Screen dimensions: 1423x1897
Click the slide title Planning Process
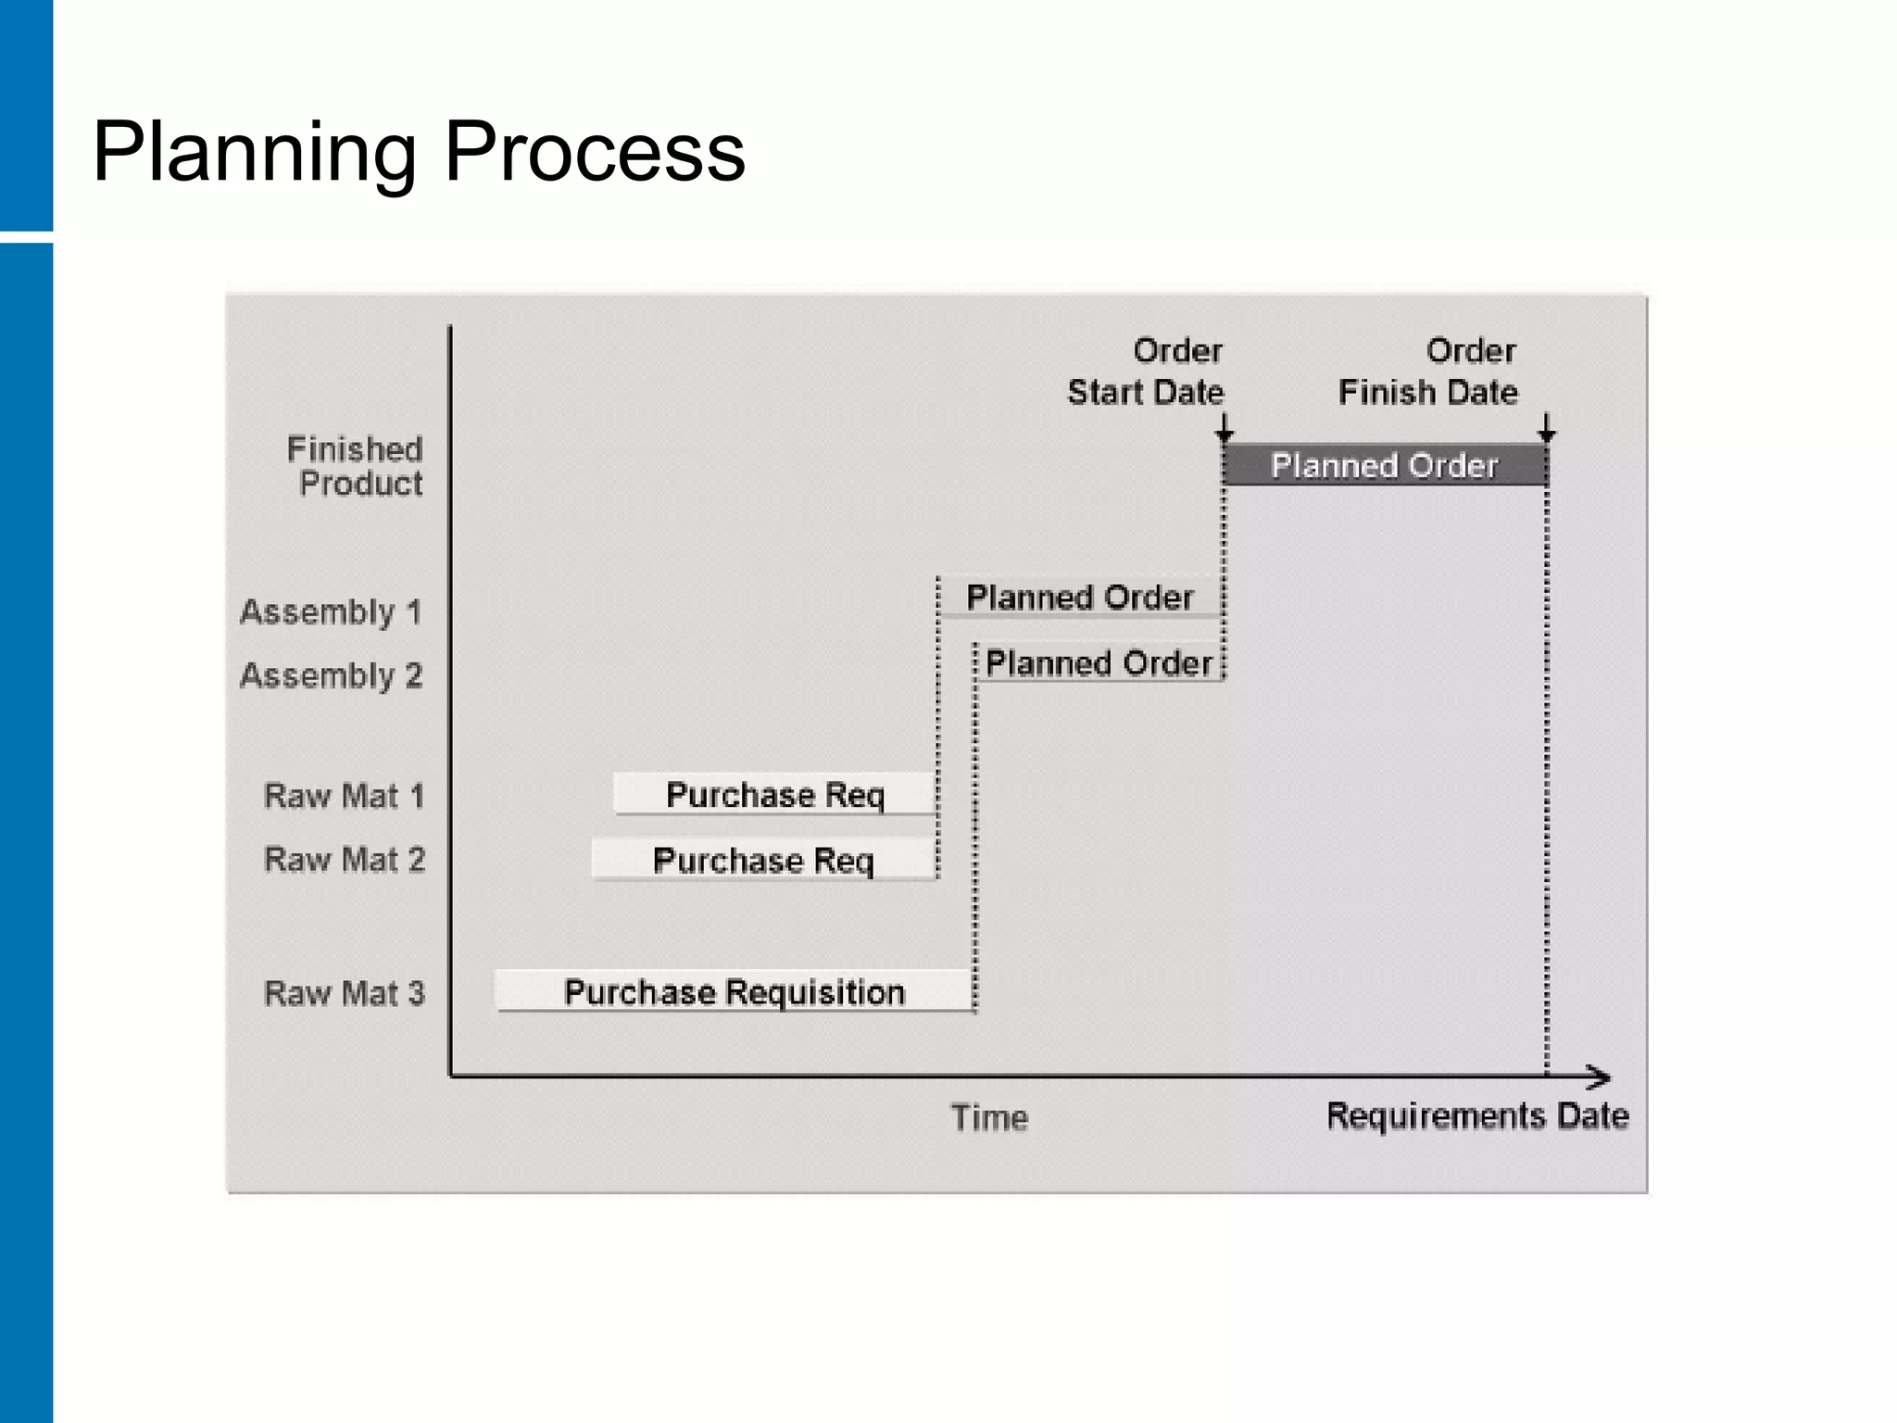tap(419, 152)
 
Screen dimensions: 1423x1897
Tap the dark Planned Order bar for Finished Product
tap(1385, 465)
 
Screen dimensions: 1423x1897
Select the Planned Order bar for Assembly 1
tap(1079, 598)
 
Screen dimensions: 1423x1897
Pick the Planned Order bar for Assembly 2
tap(1099, 663)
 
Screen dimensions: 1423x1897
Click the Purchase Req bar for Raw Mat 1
tap(774, 795)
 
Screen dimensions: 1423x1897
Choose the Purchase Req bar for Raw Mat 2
tap(763, 860)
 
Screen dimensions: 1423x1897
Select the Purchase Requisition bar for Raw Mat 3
tap(734, 992)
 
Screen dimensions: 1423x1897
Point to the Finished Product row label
tap(356, 466)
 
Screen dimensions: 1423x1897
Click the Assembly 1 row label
tap(331, 612)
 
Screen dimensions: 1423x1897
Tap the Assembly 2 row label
tap(331, 676)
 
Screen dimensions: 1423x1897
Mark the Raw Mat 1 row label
tap(344, 796)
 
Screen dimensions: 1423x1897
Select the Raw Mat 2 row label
tap(344, 860)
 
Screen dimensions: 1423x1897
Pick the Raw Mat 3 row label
tap(344, 993)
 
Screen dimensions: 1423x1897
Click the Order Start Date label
tap(1147, 371)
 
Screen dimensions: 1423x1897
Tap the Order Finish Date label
tap(1428, 371)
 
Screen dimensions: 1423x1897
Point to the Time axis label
tap(989, 1118)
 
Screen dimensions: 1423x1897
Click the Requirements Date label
tap(1477, 1116)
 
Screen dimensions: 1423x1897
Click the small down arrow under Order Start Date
tap(1225, 430)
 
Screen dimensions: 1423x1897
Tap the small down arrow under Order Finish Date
tap(1546, 430)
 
